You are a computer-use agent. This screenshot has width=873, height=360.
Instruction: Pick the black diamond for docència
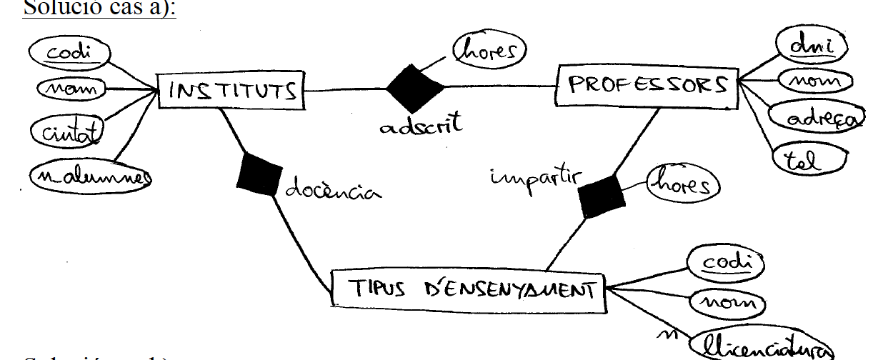tap(256, 174)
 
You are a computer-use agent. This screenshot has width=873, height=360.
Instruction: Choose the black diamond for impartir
tap(600, 195)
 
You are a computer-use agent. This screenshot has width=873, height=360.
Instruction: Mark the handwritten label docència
tap(332, 191)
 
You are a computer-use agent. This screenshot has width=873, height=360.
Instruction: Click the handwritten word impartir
tap(533, 178)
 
